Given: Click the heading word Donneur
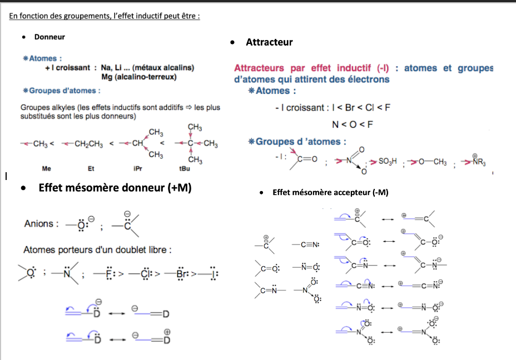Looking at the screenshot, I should click(x=49, y=37).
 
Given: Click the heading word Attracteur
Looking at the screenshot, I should click(x=269, y=42).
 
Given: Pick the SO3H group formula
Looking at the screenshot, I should click(x=389, y=161).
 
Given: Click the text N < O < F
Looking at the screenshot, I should click(x=352, y=124).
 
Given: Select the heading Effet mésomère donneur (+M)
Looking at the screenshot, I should click(x=115, y=188).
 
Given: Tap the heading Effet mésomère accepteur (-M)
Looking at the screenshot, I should click(x=330, y=193).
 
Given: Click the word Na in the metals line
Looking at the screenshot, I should click(x=107, y=68).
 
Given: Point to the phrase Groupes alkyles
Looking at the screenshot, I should click(x=42, y=108).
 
